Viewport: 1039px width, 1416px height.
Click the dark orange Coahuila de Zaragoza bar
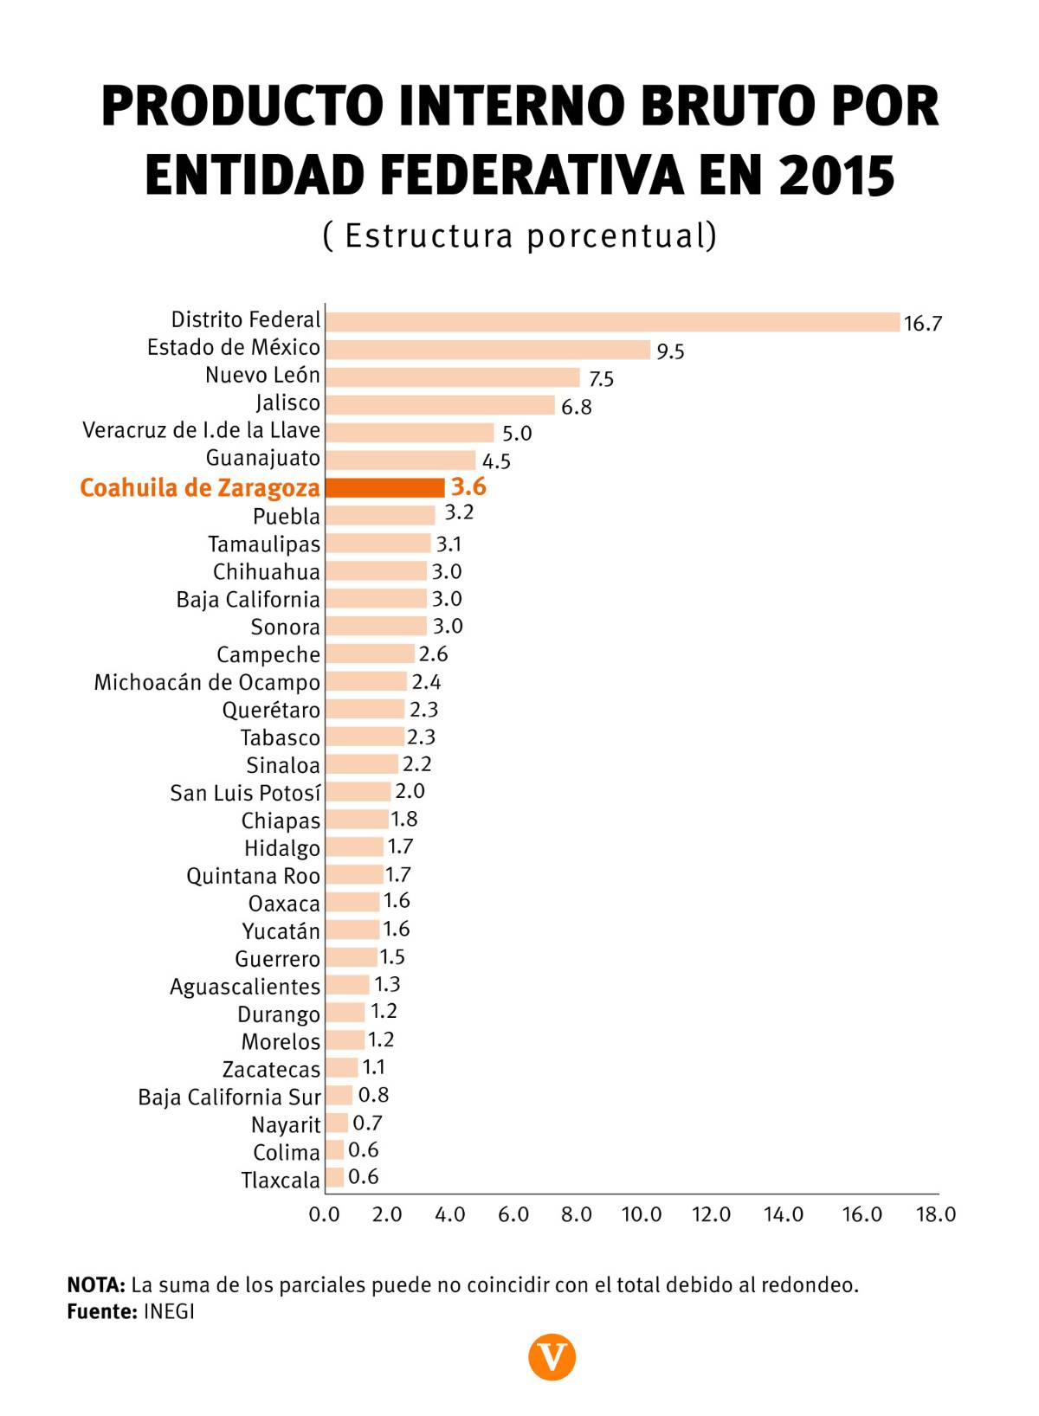pyautogui.click(x=385, y=487)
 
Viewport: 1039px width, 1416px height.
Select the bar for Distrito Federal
pyautogui.click(x=612, y=322)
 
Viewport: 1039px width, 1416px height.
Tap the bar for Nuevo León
pyautogui.click(x=452, y=377)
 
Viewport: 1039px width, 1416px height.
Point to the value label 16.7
pyautogui.click(x=922, y=324)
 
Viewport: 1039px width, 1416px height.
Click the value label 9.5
pyautogui.click(x=670, y=351)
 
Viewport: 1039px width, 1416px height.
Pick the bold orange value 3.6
pyautogui.click(x=468, y=486)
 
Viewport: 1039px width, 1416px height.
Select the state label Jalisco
pyautogui.click(x=287, y=403)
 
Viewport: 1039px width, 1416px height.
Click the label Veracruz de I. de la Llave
pyautogui.click(x=201, y=431)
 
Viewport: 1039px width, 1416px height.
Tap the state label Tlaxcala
pyautogui.click(x=281, y=1181)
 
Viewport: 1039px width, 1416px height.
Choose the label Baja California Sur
pyautogui.click(x=229, y=1097)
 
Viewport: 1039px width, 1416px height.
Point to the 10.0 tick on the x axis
pyautogui.click(x=642, y=1215)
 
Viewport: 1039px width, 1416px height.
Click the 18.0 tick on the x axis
pyautogui.click(x=936, y=1215)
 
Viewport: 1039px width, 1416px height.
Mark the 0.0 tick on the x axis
pyautogui.click(x=325, y=1215)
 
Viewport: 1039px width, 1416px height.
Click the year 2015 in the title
pyautogui.click(x=836, y=175)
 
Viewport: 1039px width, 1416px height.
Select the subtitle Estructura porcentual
pyautogui.click(x=519, y=235)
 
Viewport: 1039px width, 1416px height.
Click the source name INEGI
pyautogui.click(x=169, y=1311)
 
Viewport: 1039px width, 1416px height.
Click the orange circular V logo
pyautogui.click(x=552, y=1356)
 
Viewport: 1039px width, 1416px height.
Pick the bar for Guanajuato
pyautogui.click(x=400, y=460)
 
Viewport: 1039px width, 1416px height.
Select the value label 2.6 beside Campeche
pyautogui.click(x=433, y=654)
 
